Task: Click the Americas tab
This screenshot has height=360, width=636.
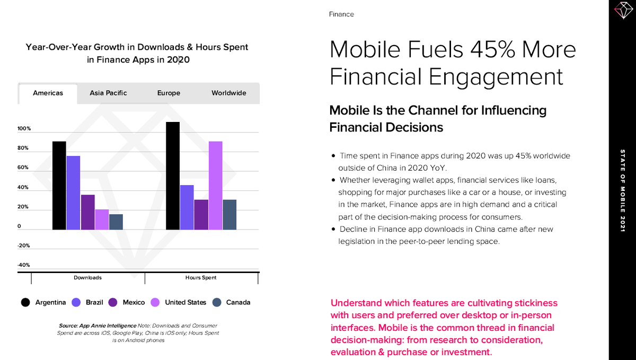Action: coord(48,93)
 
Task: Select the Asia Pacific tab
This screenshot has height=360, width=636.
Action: coord(108,93)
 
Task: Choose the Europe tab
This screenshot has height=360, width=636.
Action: coord(169,93)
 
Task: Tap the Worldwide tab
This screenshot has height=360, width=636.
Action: coord(229,93)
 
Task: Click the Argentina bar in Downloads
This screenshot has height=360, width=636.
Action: coord(59,186)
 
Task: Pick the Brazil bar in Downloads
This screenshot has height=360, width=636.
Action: coord(73,193)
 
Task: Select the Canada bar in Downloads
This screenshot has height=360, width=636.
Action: coord(116,222)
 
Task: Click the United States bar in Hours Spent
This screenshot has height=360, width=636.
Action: coord(215,186)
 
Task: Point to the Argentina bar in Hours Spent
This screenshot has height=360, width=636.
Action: coord(173,176)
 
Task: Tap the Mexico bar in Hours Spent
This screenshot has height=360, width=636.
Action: coord(201,215)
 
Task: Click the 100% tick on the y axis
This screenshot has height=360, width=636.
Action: coord(24,129)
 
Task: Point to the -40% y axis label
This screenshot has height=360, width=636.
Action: coord(24,265)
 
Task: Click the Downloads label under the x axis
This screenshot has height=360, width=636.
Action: coord(87,278)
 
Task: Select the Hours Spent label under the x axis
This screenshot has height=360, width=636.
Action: coord(201,278)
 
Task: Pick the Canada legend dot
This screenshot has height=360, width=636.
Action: coord(216,302)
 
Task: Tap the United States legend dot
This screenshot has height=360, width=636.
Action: coord(155,302)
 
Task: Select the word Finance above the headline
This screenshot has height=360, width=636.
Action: coord(341,14)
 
